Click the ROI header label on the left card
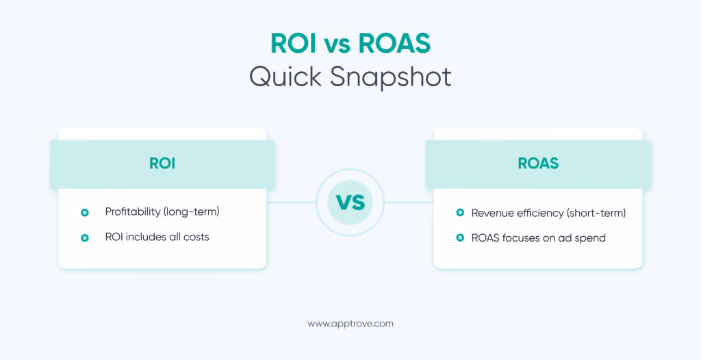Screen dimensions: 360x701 (x=162, y=164)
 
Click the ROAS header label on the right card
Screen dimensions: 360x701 (x=538, y=164)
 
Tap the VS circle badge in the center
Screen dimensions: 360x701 (x=350, y=203)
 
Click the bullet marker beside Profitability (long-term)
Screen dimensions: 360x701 (x=85, y=213)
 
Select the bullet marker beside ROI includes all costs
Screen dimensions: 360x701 (x=85, y=237)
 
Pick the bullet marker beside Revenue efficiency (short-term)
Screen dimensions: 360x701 (x=460, y=213)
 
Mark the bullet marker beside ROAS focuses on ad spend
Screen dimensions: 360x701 (x=460, y=237)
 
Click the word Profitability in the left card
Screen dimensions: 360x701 (x=133, y=212)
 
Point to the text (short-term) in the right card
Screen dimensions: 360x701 (x=596, y=213)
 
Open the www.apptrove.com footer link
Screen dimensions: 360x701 (x=350, y=324)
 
